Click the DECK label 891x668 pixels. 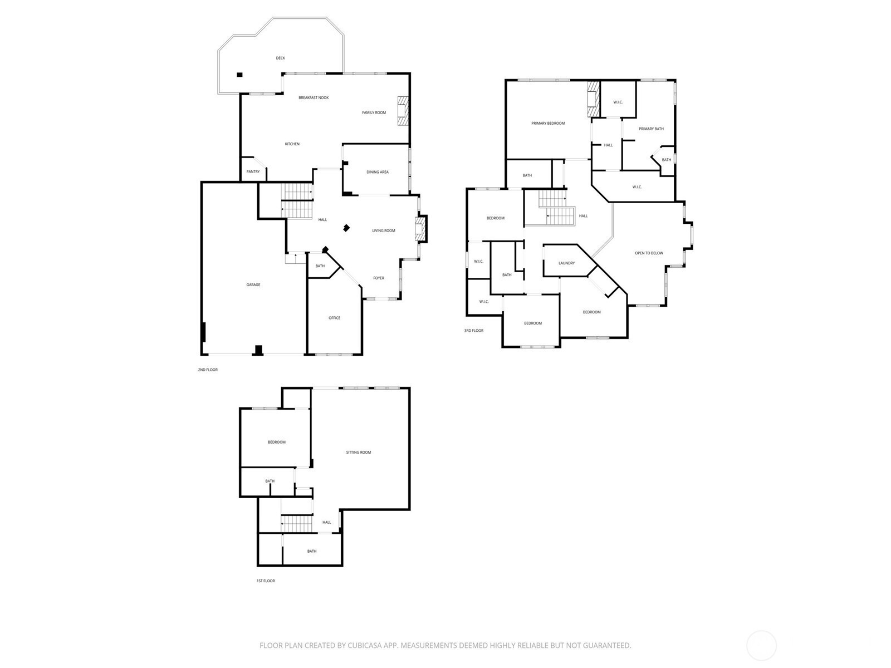280,58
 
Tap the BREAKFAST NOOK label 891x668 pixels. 314,98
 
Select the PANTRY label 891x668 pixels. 253,171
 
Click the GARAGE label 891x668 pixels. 253,284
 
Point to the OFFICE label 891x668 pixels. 334,318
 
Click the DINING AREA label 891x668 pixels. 377,172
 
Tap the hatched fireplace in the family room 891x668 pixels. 403,111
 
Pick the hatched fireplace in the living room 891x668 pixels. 420,229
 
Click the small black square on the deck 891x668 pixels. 239,75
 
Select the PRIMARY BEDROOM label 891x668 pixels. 547,123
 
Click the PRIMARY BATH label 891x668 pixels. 650,129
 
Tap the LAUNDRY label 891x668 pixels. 566,263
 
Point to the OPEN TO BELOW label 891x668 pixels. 649,253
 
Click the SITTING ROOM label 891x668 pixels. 358,452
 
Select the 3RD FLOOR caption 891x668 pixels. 473,331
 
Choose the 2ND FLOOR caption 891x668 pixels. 207,370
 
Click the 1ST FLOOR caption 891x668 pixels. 266,581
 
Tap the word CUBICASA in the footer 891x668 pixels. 365,645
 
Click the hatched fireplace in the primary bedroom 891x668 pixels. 594,100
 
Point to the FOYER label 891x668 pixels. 378,278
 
